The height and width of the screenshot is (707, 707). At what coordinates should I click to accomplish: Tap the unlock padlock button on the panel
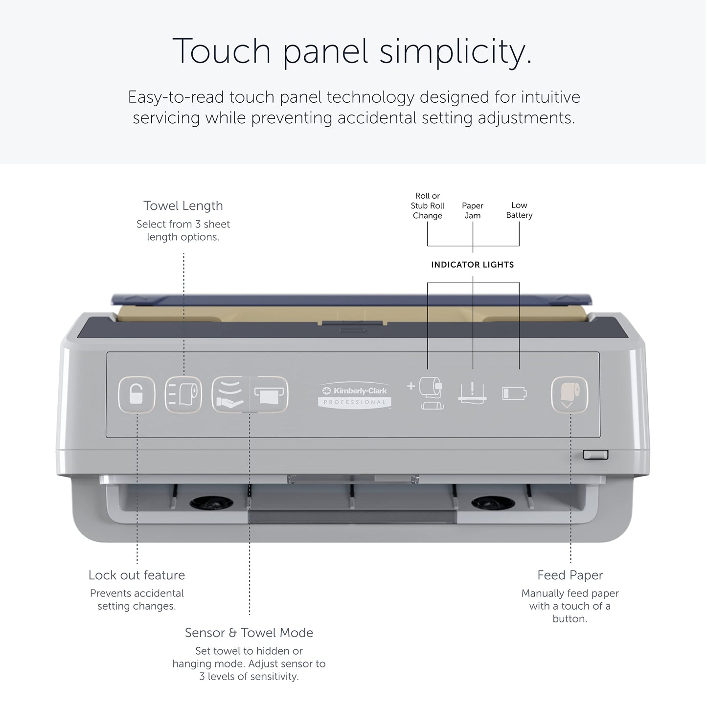coord(137,394)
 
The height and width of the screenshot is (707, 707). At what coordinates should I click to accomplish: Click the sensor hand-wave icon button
coord(230,394)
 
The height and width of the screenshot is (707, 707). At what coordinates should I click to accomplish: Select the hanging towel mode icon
coord(270,394)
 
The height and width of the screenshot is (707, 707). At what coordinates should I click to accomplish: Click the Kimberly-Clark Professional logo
coord(354,395)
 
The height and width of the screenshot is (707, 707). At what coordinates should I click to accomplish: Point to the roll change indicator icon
coord(426,393)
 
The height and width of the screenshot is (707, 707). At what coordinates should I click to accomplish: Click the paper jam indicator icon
coord(473,393)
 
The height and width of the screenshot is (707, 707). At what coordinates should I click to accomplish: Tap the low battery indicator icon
coord(514,393)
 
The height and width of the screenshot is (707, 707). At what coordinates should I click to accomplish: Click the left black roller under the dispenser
coord(211,502)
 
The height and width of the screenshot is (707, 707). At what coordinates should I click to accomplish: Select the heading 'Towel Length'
coord(183,206)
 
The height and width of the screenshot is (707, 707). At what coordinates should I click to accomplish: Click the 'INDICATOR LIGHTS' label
coord(473,265)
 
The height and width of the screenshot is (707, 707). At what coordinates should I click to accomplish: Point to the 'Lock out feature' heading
coord(137,575)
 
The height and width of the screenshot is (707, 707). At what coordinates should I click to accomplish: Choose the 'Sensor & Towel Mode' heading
coord(249,633)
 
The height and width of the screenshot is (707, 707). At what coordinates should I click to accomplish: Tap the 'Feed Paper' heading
coord(570,575)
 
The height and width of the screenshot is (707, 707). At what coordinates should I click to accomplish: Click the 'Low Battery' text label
coord(519,210)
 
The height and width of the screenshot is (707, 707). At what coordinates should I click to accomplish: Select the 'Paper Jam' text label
coord(473,210)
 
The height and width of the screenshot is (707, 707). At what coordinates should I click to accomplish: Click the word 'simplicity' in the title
coord(456,51)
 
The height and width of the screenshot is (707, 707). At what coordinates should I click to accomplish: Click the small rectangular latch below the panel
coord(595,455)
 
